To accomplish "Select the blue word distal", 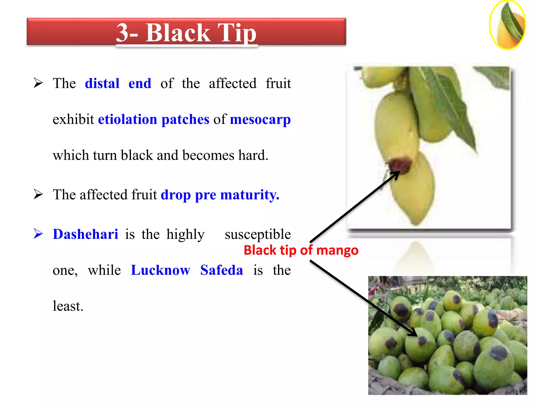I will pos(102,83).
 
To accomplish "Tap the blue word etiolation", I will pos(127,119).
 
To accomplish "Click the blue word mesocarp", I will pos(260,119).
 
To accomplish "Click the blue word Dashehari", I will pos(85,234).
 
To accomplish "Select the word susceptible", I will pos(258,234).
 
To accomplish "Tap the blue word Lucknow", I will pos(160,270).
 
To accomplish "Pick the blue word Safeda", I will pos(222,270).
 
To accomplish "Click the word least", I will pos(68,306).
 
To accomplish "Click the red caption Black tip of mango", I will pos(301,250).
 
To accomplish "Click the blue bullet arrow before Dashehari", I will pos(38,234).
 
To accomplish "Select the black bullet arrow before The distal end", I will pos(38,83).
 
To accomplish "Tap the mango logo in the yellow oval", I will pos(507,25).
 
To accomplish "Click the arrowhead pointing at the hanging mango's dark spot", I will pos(396,175).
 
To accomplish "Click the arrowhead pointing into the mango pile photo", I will pos(413,333).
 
